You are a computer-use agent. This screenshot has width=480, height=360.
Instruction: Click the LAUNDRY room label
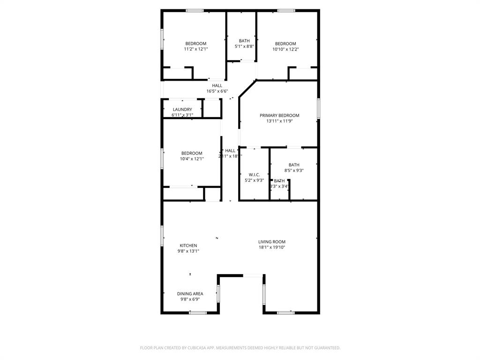182,109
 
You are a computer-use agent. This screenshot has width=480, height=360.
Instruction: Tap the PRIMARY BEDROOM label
279,115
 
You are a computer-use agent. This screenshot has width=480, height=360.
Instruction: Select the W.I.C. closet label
254,174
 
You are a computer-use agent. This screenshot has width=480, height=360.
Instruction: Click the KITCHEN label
188,245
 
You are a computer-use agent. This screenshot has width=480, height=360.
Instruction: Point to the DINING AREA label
190,293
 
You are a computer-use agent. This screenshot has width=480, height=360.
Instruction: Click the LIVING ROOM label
272,242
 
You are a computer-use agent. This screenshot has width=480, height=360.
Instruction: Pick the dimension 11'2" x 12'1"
195,49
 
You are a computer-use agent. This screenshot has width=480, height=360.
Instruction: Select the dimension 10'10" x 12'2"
285,49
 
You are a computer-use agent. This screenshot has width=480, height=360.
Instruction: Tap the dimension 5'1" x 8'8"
244,46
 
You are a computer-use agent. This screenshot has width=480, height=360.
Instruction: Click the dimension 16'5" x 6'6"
217,91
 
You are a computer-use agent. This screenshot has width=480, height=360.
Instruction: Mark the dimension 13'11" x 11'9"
279,121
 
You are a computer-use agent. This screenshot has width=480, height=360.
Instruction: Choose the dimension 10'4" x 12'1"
192,159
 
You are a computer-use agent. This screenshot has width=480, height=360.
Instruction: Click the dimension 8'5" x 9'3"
294,171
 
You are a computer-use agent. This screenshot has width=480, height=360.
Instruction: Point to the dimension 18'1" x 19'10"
272,247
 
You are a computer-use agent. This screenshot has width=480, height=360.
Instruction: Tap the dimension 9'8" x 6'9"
190,299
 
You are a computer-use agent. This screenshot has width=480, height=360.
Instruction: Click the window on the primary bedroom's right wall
318,108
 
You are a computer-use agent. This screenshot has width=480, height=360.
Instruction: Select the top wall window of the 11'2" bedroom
195,10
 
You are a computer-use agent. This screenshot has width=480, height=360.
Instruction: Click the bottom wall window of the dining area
197,313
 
